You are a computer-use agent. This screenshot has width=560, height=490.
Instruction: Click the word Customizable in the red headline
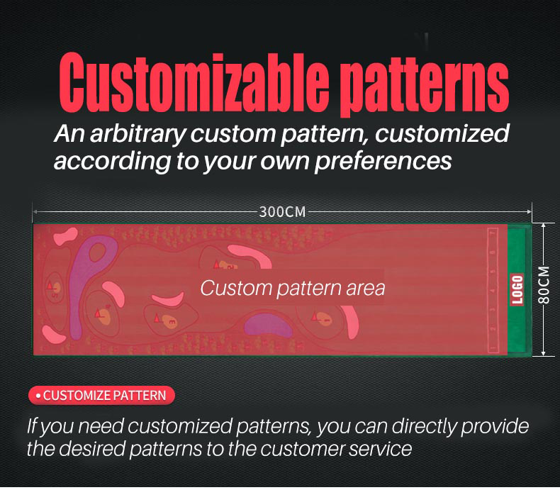click(x=194, y=83)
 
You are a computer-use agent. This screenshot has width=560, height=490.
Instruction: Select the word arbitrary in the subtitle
click(x=137, y=134)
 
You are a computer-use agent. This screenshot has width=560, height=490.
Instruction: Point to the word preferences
click(x=383, y=162)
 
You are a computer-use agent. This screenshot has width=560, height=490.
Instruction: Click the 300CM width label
click(x=282, y=212)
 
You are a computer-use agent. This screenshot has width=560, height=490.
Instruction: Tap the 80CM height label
click(x=544, y=285)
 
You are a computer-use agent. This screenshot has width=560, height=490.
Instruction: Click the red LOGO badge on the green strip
click(x=517, y=289)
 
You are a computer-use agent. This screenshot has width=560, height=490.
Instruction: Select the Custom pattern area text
click(x=293, y=288)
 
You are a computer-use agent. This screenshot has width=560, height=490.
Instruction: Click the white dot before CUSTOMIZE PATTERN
click(x=38, y=396)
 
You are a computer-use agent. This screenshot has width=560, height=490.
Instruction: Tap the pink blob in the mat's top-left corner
click(x=65, y=235)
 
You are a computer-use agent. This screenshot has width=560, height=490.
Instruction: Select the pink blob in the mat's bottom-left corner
click(x=53, y=335)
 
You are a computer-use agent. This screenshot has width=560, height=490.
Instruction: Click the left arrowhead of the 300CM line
click(x=35, y=212)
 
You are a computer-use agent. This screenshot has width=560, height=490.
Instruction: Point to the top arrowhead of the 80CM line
click(x=543, y=225)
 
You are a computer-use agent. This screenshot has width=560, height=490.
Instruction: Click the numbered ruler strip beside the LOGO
click(x=493, y=290)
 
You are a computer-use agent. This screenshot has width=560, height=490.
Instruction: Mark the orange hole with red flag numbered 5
click(x=55, y=288)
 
